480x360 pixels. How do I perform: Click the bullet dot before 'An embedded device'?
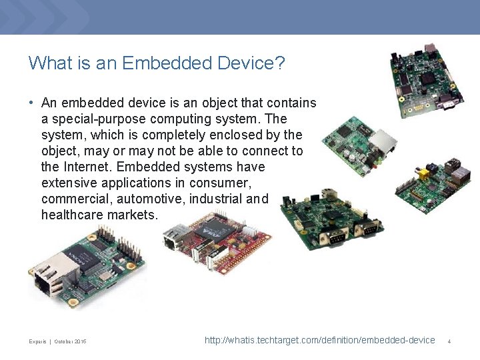31,103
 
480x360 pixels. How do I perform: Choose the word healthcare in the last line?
75,215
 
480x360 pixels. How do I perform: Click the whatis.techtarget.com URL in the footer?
319,341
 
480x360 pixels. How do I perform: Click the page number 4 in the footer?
449,341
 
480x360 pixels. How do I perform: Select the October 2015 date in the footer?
71,342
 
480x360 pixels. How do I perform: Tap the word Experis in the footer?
37,342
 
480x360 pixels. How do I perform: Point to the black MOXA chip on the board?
79,258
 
